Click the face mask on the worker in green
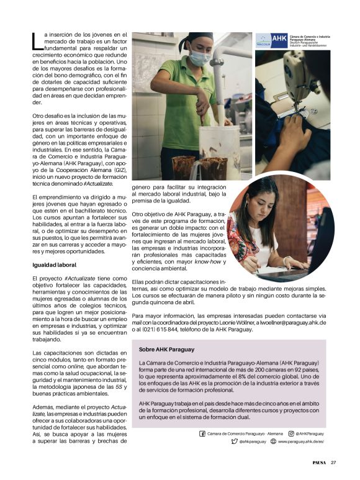(x=197, y=58)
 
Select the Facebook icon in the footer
(x=202, y=433)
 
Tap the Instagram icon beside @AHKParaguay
(x=290, y=433)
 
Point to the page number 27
(x=333, y=462)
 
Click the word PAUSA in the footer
(x=318, y=462)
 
